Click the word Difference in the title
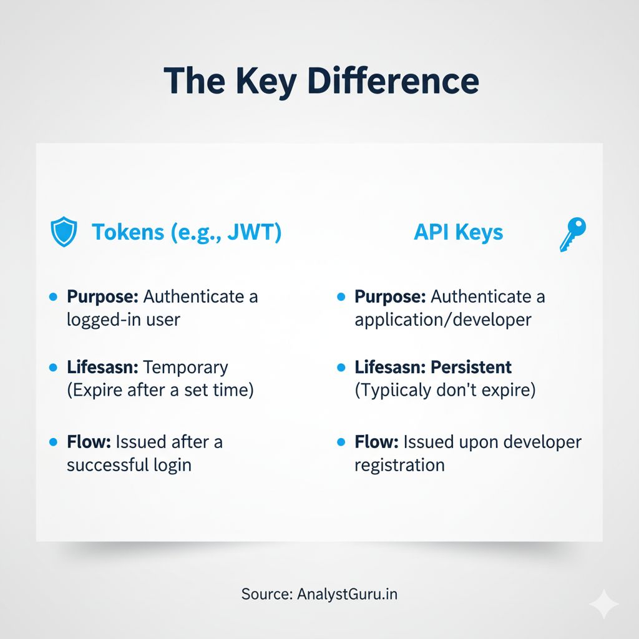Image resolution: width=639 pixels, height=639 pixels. click(393, 80)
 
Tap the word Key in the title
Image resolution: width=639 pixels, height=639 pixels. click(266, 83)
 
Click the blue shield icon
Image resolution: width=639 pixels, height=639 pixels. click(64, 232)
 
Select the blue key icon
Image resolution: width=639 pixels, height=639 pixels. click(573, 234)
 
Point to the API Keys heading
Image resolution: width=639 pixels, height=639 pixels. click(459, 233)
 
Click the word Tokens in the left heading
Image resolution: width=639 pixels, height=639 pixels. click(128, 232)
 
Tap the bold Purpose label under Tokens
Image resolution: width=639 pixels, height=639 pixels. click(103, 296)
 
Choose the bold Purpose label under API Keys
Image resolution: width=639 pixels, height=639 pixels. click(391, 296)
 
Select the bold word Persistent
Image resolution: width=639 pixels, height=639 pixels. click(471, 367)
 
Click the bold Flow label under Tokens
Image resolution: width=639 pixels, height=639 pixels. click(89, 441)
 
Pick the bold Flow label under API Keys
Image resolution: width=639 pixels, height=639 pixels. click(376, 441)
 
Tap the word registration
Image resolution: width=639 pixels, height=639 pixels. click(399, 466)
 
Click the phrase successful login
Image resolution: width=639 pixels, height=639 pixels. click(129, 465)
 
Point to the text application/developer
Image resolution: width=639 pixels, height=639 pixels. click(443, 320)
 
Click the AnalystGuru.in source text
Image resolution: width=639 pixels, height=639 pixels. click(347, 594)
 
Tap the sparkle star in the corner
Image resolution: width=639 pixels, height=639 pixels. click(604, 604)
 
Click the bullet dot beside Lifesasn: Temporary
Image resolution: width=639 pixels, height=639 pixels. click(53, 368)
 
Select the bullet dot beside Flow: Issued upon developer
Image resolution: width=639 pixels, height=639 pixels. click(341, 442)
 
